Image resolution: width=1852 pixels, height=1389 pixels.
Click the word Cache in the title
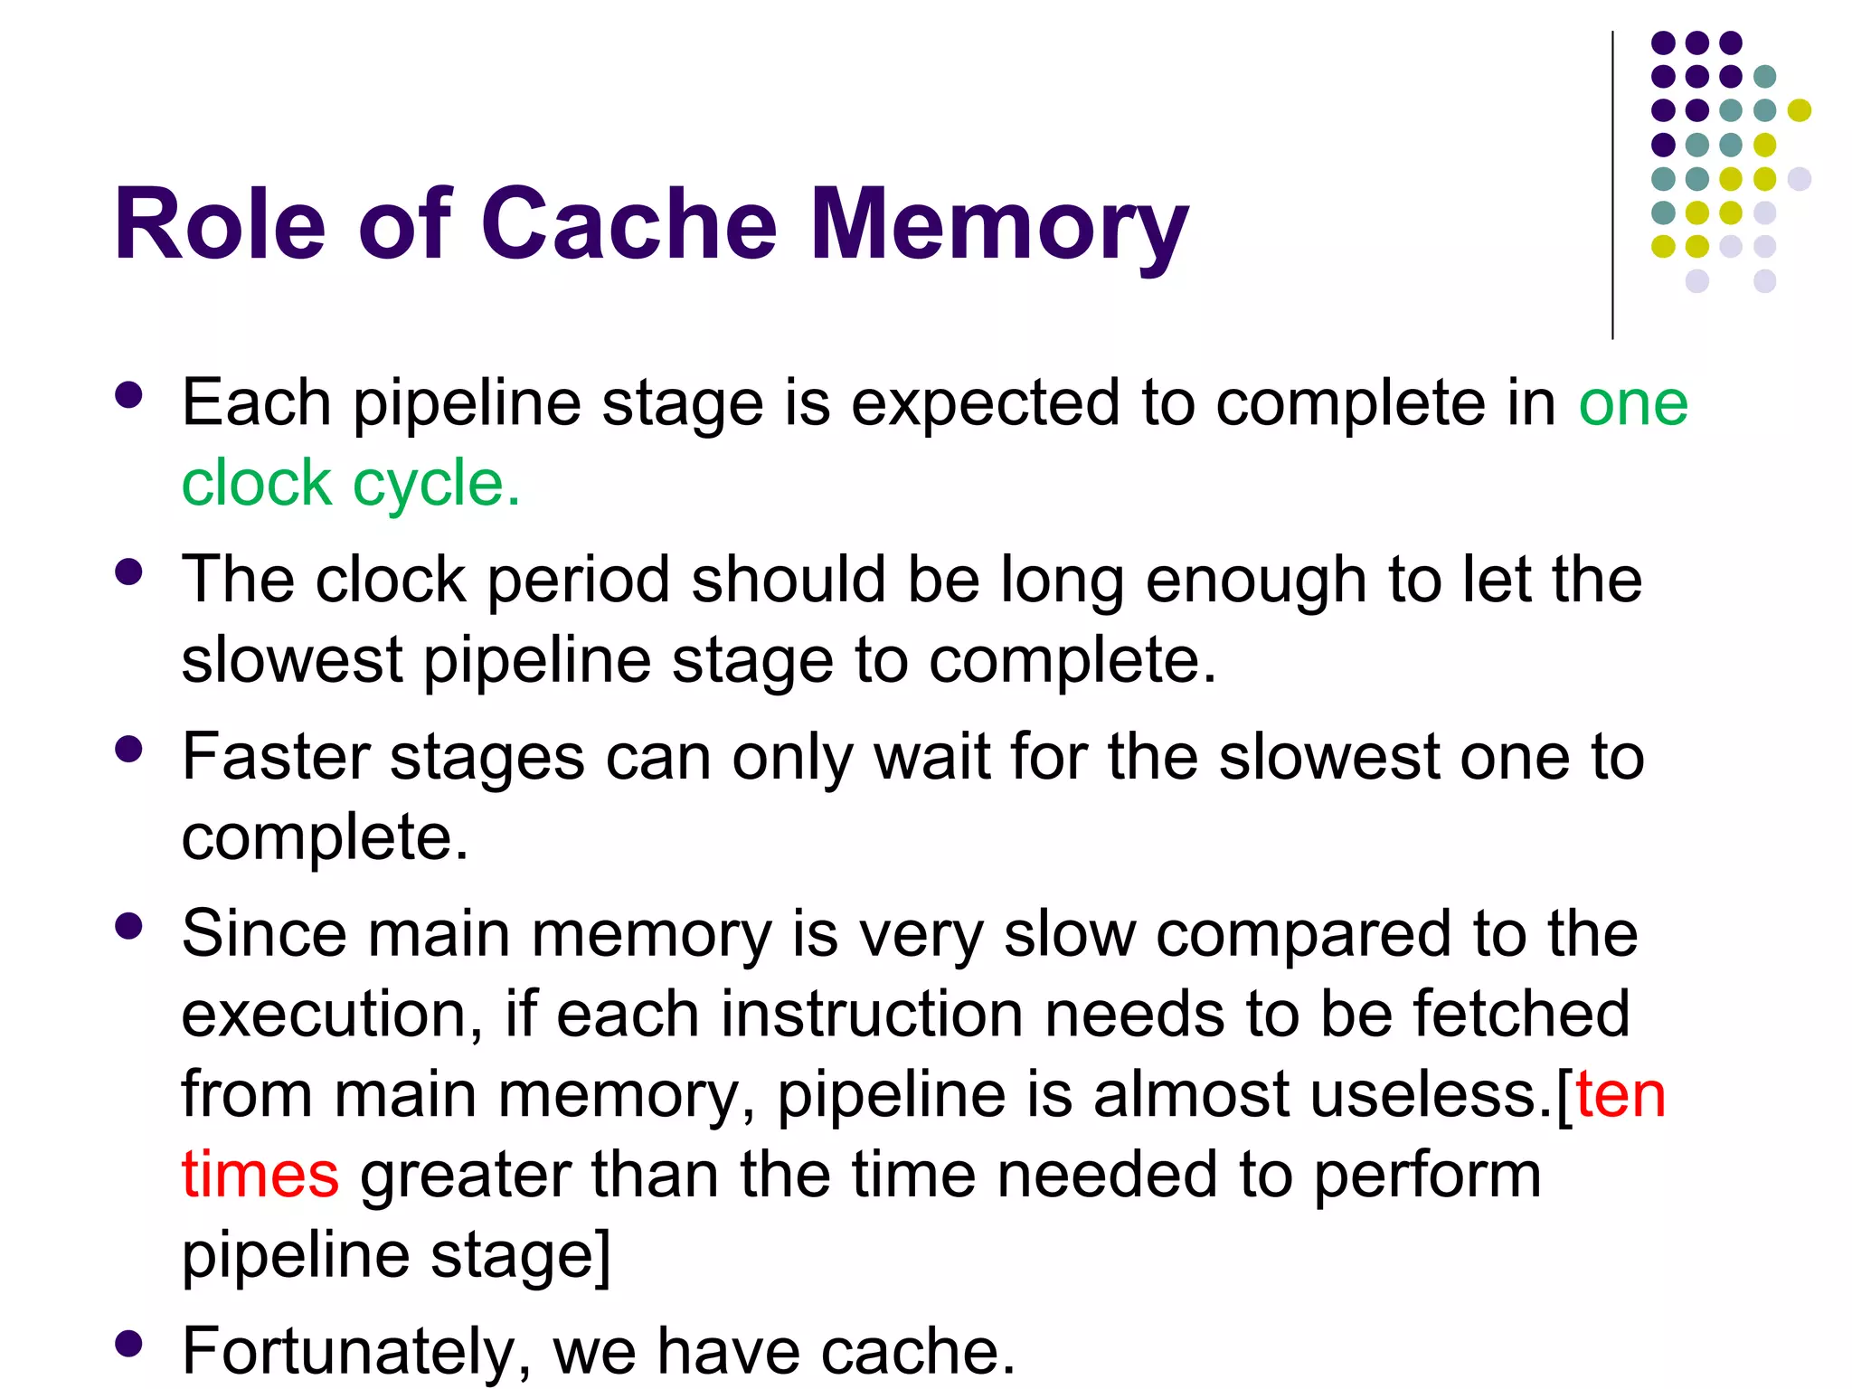[x=628, y=224]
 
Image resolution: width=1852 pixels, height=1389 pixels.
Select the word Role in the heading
[x=220, y=224]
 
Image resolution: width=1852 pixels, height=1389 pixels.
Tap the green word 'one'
[x=1633, y=403]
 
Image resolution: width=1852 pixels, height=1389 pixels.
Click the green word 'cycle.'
[x=436, y=485]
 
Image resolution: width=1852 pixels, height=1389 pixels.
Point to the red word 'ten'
[x=1620, y=1095]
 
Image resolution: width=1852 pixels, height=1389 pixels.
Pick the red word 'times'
[x=260, y=1175]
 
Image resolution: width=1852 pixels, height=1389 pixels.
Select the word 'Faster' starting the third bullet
[x=275, y=757]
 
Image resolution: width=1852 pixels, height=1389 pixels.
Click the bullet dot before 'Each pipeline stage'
[x=129, y=395]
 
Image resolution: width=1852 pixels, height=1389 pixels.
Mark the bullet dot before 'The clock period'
[x=129, y=572]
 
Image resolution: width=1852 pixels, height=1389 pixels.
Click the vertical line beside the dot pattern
[x=1612, y=185]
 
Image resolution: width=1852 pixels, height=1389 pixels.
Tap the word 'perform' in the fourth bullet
[x=1427, y=1176]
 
